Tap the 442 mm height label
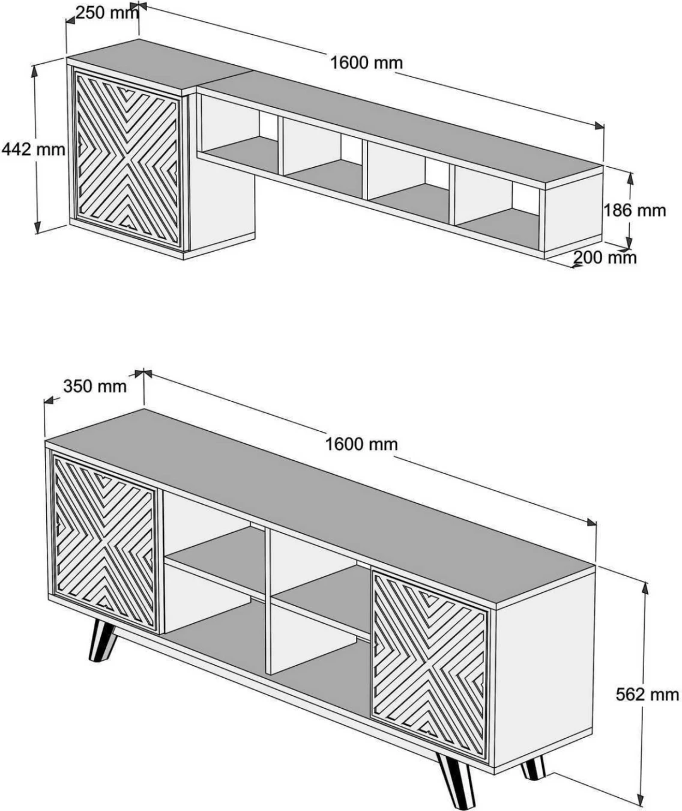[33, 150]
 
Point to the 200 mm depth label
[604, 258]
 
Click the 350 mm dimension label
[95, 386]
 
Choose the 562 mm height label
[647, 694]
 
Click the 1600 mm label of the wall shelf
[366, 62]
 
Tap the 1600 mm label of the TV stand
[361, 444]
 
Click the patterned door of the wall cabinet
[127, 157]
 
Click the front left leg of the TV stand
[101, 642]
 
